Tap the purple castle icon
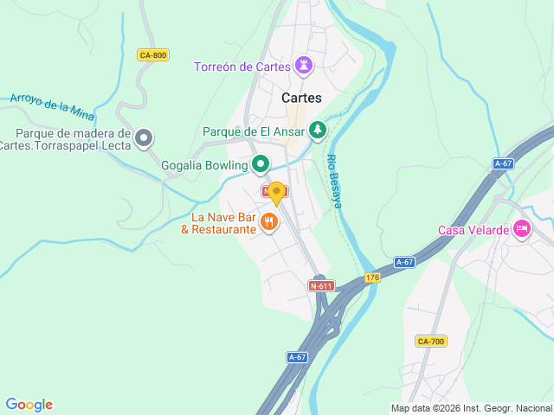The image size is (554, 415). tap(304, 65)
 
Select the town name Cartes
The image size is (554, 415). tap(301, 99)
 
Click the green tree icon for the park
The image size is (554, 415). tap(318, 131)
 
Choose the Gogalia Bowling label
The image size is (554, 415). tap(203, 163)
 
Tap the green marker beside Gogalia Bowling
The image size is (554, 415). tap(260, 163)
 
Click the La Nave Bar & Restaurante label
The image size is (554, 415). tap(218, 223)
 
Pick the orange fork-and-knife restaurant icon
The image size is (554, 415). tap(270, 222)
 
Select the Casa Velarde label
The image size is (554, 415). tap(473, 229)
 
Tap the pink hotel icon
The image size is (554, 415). tap(521, 228)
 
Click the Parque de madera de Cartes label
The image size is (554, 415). tap(73, 139)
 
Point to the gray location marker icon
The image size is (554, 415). tap(144, 137)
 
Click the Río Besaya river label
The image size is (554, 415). tap(333, 181)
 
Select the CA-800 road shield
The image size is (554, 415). tap(153, 55)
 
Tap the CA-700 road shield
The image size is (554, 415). tap(430, 342)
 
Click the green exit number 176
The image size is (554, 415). tap(372, 278)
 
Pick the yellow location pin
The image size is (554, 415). tap(276, 192)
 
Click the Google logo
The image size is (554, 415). tap(29, 405)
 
